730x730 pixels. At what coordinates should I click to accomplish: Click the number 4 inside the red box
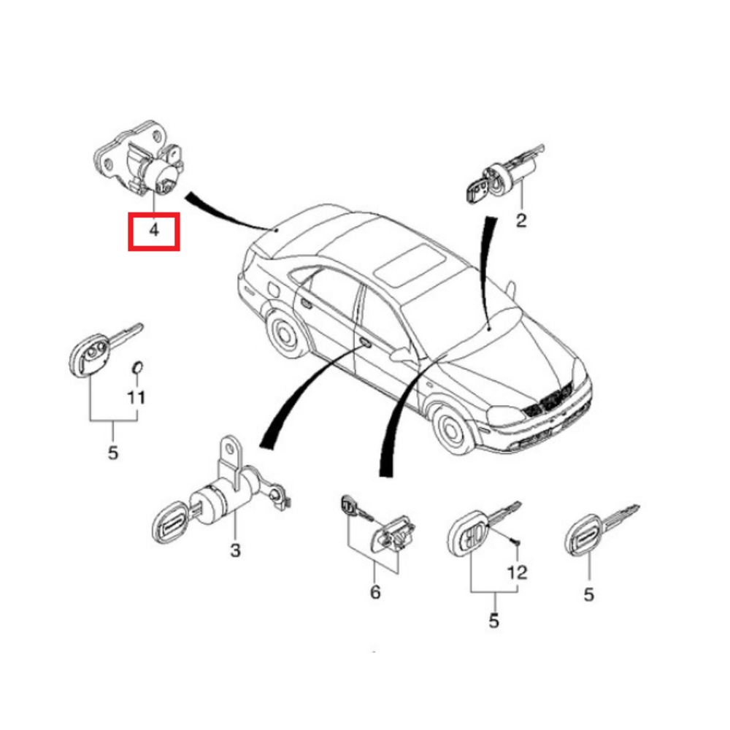[153, 231]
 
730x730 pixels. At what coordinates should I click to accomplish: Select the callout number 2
[520, 220]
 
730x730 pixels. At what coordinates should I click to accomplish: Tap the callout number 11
[137, 398]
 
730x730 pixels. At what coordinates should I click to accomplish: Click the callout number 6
[374, 592]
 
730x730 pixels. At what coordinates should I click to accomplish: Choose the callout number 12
[516, 572]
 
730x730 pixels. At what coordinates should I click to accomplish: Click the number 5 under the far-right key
[588, 595]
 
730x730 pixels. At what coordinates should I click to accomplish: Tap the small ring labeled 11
[137, 367]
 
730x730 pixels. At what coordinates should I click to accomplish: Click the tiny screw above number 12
[516, 542]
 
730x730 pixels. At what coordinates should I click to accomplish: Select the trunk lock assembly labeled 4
[142, 166]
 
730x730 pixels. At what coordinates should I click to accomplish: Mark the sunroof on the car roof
[409, 264]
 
